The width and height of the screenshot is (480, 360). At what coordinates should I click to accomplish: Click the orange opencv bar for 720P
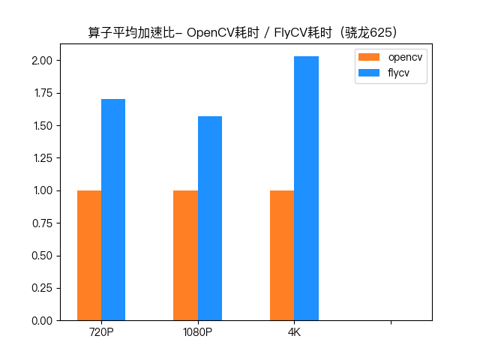point(89,255)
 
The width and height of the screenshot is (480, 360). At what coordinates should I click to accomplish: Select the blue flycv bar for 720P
point(113,210)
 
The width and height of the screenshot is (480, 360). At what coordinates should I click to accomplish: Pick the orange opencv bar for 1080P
point(185,255)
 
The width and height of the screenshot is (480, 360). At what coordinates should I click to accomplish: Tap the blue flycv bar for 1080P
point(210,218)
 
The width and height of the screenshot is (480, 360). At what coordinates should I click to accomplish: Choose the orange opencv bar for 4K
point(282,255)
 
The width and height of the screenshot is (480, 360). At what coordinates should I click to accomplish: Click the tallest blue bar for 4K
point(306,188)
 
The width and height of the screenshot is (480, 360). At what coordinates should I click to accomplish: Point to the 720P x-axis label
point(101,332)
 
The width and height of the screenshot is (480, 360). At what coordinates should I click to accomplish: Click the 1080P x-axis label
point(198,332)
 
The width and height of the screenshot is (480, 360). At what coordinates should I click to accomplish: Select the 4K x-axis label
point(294,332)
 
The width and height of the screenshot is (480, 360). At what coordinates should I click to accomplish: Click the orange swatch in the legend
point(370,58)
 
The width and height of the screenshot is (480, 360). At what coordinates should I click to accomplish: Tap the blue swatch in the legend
point(370,73)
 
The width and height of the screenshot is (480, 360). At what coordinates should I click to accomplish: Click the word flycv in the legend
point(398,73)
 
